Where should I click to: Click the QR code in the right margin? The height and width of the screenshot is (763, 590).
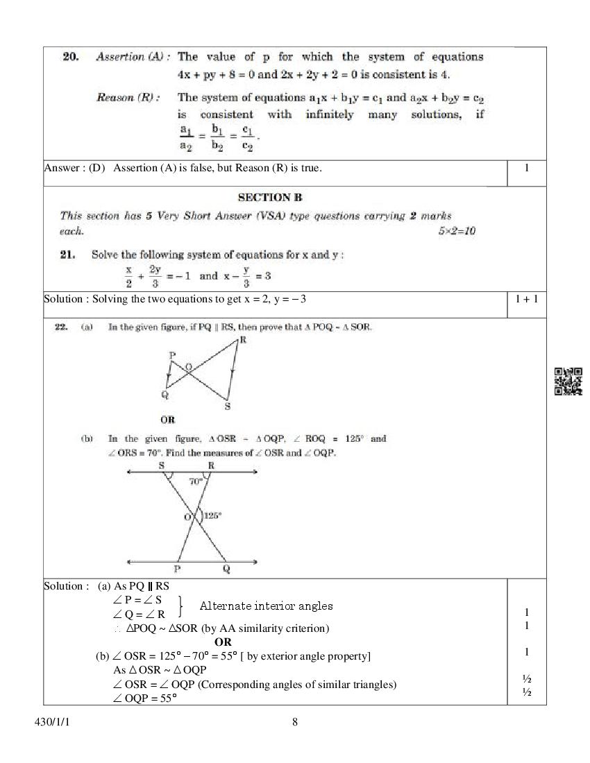568,381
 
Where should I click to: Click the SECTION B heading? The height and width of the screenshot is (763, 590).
270,198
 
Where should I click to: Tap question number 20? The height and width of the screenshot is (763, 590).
70,57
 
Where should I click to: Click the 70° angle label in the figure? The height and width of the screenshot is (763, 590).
196,481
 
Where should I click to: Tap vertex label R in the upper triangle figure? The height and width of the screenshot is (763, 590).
242,339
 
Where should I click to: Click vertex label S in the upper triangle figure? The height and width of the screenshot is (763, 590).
228,406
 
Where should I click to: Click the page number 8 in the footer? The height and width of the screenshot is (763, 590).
295,722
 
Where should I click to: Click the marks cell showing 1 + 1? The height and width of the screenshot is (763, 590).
527,299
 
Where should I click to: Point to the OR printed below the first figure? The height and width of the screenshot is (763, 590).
167,420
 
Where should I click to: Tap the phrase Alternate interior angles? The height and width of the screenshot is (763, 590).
266,606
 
